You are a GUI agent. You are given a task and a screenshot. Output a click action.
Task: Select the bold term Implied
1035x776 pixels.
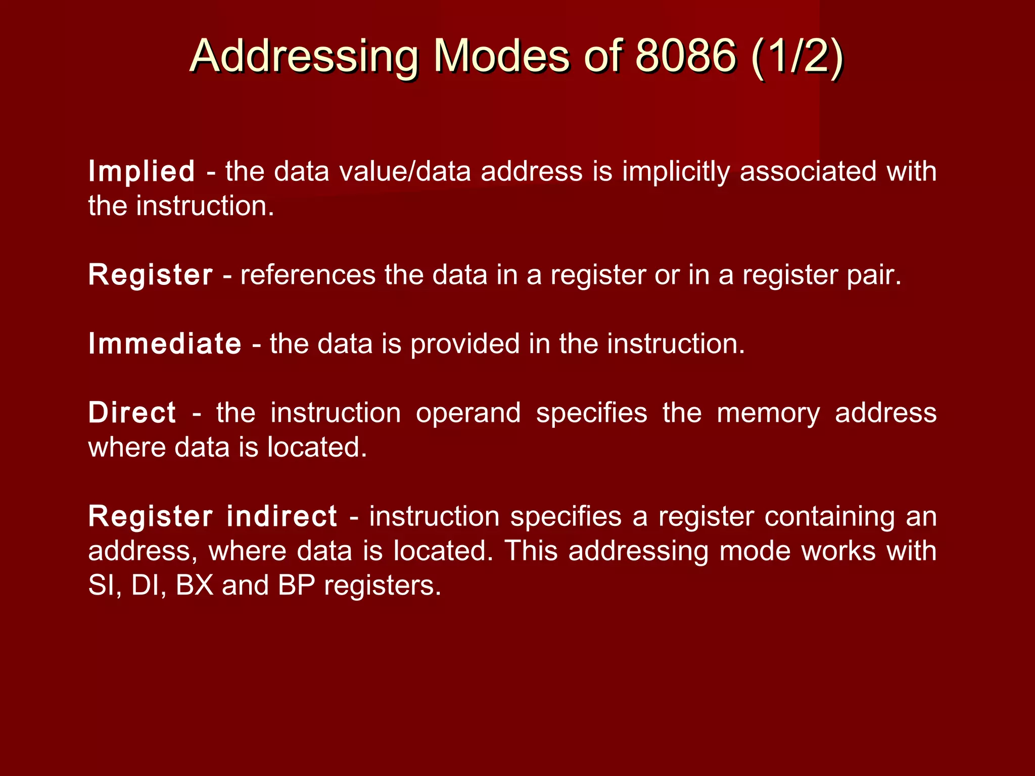(142, 172)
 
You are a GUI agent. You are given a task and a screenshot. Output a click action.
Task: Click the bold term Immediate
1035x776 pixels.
(165, 344)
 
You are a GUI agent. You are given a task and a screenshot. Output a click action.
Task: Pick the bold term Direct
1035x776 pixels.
(132, 413)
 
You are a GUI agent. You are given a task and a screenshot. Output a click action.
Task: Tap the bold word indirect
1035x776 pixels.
(281, 516)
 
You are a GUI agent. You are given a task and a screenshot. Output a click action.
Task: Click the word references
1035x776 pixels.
(308, 275)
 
